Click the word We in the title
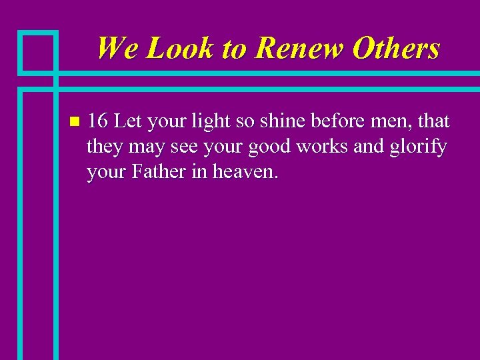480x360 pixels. click(117, 49)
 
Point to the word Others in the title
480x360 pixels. click(397, 49)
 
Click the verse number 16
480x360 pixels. click(99, 122)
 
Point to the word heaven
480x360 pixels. click(245, 173)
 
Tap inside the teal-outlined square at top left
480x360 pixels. click(37, 51)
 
